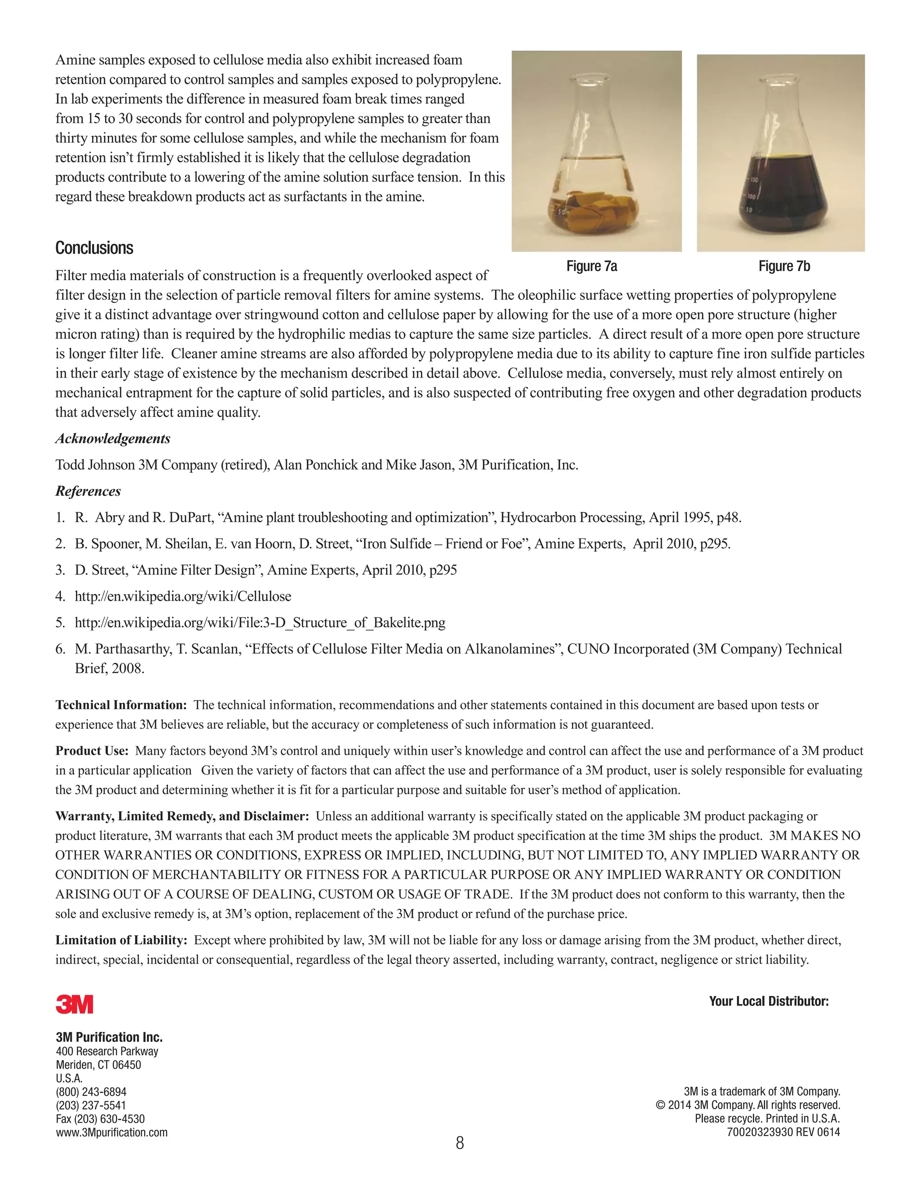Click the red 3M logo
point(74,1004)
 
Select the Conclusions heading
point(94,248)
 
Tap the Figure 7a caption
point(591,266)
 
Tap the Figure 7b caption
point(784,266)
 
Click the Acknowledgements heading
point(113,439)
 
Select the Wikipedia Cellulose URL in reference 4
point(182,596)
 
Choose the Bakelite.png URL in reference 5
point(260,622)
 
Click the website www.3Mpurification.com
point(112,1132)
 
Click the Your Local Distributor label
point(769,1001)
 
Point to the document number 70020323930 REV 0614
point(783,1132)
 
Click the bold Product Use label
point(92,751)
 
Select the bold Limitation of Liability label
point(121,940)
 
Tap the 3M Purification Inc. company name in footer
point(109,1037)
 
